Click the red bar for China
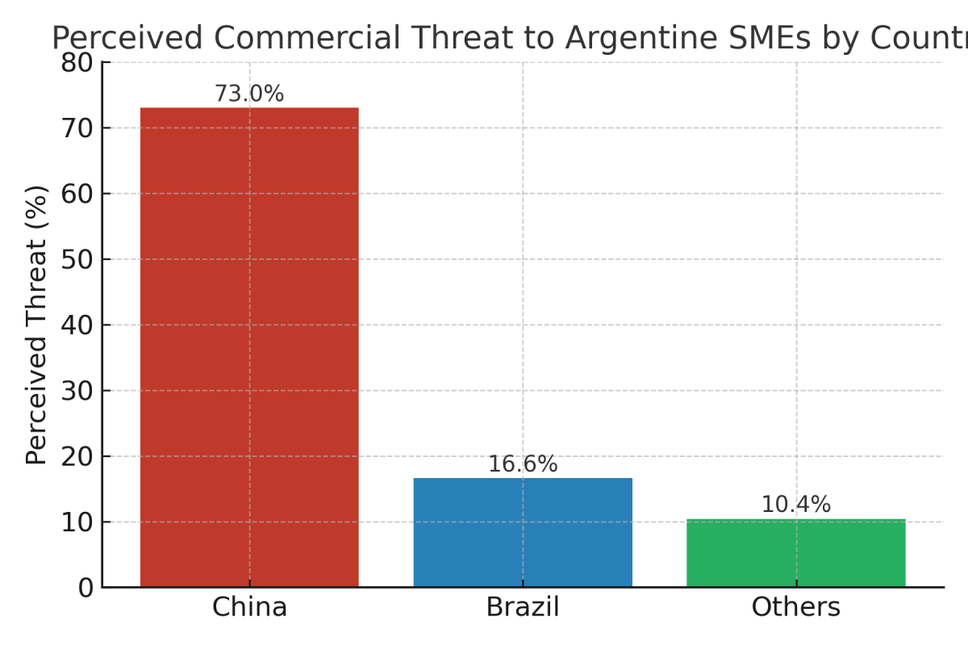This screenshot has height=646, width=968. (x=249, y=347)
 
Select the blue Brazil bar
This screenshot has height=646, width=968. (x=523, y=532)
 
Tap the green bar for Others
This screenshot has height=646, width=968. (x=795, y=553)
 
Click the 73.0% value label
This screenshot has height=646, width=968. (x=249, y=94)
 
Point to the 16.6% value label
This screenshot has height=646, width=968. (x=523, y=465)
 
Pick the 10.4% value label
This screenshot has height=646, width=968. (x=795, y=505)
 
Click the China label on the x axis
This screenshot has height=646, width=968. (x=249, y=607)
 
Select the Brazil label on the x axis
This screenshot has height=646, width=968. (x=523, y=607)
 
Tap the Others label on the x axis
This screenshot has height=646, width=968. (x=795, y=607)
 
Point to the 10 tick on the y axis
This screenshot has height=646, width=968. (x=77, y=522)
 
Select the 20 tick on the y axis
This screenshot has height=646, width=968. (x=77, y=456)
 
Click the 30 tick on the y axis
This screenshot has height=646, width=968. (x=77, y=391)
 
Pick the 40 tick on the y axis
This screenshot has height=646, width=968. (x=77, y=325)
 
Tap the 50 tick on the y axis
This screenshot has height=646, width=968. (x=77, y=259)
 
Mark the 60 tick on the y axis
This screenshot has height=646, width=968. (x=77, y=194)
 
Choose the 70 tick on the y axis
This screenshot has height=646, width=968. (x=77, y=128)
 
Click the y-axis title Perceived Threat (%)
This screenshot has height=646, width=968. (x=37, y=325)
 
